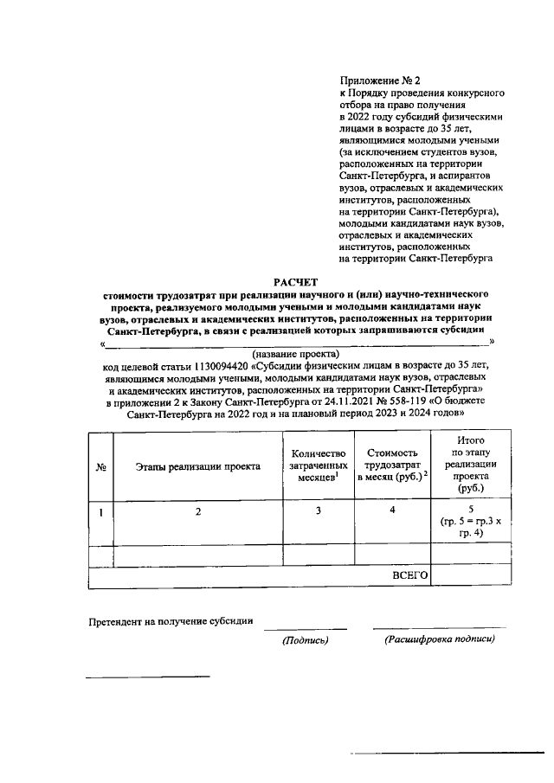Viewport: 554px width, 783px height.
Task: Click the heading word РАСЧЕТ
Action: point(296,282)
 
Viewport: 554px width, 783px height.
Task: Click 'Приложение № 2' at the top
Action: point(382,79)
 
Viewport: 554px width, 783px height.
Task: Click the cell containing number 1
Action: point(101,511)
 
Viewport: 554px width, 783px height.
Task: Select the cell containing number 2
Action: point(198,511)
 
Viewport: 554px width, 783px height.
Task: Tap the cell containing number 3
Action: point(319,511)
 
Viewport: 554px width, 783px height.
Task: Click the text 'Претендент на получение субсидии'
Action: point(171,620)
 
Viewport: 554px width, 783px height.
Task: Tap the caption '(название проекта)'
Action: point(296,354)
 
